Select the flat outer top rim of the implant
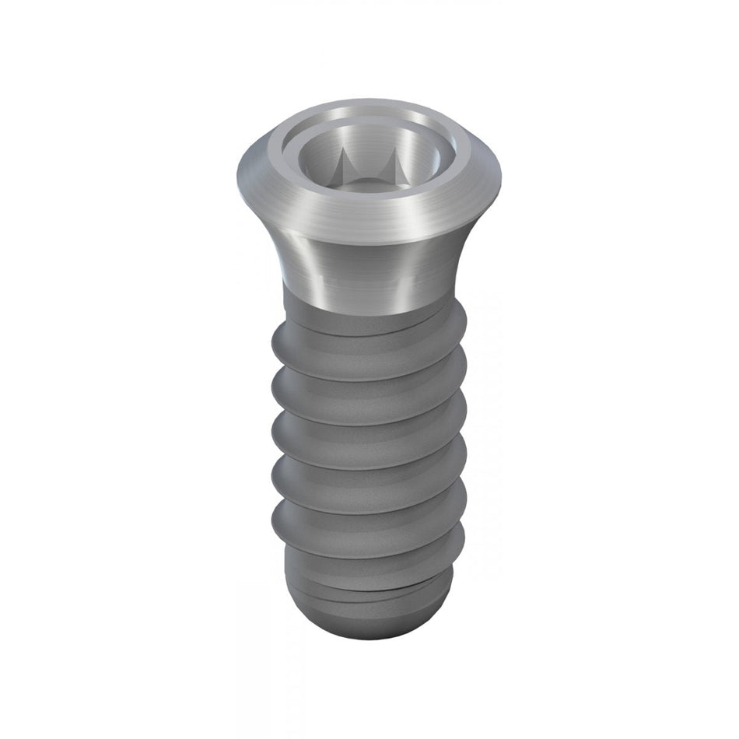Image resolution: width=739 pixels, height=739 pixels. (367, 109)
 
